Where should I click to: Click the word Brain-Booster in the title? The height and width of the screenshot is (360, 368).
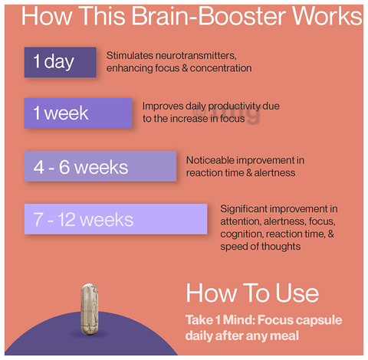pos(208,16)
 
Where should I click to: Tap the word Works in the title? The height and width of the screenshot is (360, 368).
pos(327,16)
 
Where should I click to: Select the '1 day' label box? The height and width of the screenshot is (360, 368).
pos(60,62)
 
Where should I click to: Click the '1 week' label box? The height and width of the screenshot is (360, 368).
pos(78,113)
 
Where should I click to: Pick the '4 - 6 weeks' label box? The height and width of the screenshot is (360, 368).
pos(100,166)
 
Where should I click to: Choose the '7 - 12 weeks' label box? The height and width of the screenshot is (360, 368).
pos(116,219)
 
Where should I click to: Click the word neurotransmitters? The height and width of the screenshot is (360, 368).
pos(195,56)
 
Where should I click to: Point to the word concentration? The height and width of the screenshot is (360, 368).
pos(221,68)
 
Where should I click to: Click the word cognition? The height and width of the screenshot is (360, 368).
pos(242,234)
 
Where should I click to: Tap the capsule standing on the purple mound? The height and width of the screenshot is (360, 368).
pos(89,309)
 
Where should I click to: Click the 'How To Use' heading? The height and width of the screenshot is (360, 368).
pos(252,293)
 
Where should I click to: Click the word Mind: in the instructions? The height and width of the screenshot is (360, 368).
pos(238,320)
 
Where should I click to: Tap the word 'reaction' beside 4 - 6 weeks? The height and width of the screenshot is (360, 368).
pos(204,173)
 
